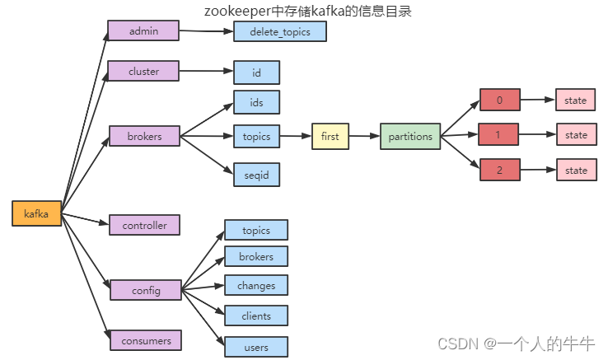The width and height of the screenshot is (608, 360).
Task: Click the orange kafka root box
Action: (36, 213)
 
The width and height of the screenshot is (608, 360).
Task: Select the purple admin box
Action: (143, 30)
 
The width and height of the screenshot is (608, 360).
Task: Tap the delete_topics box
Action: (280, 31)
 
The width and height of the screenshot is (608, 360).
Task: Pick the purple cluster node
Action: (143, 71)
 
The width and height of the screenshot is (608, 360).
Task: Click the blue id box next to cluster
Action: (256, 72)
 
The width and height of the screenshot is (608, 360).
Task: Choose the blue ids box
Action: (256, 102)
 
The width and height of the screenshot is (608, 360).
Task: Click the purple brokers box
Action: (145, 136)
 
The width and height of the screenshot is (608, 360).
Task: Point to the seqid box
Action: (256, 175)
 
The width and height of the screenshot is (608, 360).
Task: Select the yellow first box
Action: (330, 136)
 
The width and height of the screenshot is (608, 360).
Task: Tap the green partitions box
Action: (410, 136)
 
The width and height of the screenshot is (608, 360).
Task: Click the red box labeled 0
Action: (500, 100)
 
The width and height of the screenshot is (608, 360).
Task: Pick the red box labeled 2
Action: (500, 170)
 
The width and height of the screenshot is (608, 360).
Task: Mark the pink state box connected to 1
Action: (577, 134)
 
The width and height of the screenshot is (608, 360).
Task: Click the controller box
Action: (145, 225)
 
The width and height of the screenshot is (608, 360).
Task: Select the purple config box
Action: (146, 290)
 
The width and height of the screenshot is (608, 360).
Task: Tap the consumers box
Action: (146, 340)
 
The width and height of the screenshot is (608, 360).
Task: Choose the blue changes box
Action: (256, 285)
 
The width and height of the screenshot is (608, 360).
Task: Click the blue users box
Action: (256, 347)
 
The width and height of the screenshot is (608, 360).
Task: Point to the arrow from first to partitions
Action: (364, 136)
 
